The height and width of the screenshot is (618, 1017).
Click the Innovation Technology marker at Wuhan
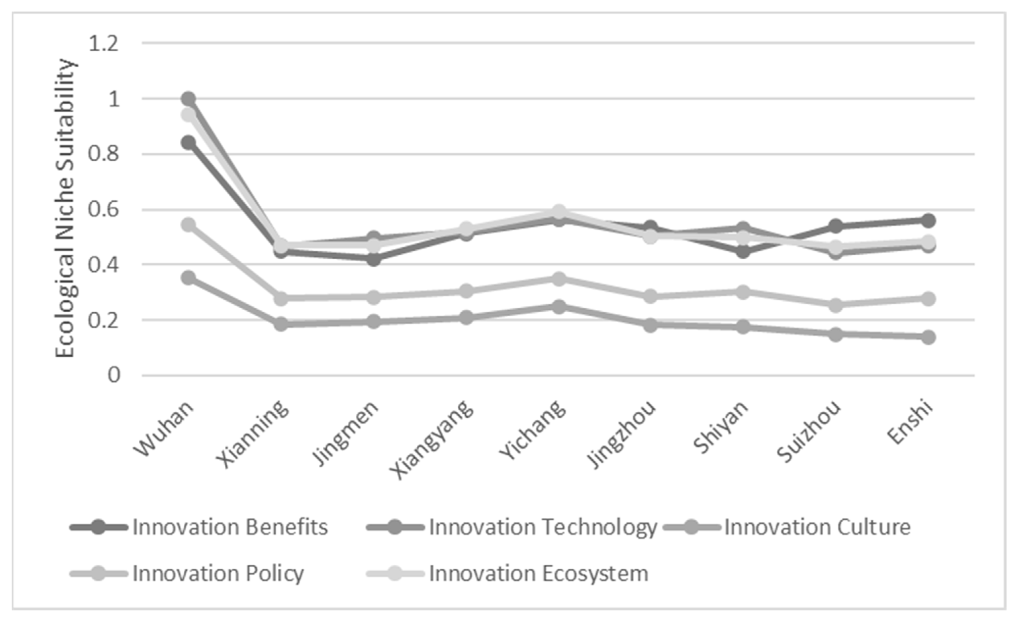tap(189, 99)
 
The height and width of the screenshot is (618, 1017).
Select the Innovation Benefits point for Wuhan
tap(189, 143)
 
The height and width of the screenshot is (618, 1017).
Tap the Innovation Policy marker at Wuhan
tap(189, 226)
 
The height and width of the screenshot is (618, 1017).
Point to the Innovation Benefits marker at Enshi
tap(928, 221)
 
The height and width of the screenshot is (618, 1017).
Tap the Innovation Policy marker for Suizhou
tap(836, 306)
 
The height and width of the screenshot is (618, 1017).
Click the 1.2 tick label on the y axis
tap(104, 43)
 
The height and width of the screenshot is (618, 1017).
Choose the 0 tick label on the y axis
tap(114, 375)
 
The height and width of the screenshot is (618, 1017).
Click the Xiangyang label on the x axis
tap(434, 440)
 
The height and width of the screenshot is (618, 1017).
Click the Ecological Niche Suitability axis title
tap(65, 209)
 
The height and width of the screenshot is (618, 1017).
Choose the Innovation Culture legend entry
tap(817, 528)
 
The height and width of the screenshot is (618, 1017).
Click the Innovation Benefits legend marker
tap(99, 528)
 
